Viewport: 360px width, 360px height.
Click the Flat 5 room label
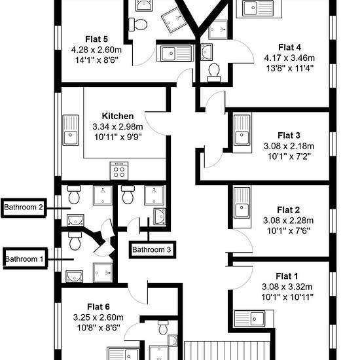point(96,39)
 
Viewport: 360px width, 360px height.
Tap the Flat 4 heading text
point(289,47)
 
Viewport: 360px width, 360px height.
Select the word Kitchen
point(118,116)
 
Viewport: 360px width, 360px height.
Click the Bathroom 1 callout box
point(25,259)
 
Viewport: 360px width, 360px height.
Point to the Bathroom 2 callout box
point(24,207)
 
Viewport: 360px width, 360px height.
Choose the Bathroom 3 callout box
point(152,249)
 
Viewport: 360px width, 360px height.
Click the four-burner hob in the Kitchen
point(119,171)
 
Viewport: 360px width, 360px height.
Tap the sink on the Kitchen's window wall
point(71,130)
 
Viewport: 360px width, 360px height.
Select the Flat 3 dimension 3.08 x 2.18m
point(289,146)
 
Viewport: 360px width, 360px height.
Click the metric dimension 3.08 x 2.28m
point(289,221)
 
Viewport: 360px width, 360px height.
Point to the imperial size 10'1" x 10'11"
point(287,297)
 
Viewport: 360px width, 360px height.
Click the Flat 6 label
point(98,307)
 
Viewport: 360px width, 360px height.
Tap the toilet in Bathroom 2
point(74,194)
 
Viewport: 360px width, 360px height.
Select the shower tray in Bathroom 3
point(154,196)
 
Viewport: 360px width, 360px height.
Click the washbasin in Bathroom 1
point(75,276)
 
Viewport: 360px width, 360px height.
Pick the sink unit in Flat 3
point(242,130)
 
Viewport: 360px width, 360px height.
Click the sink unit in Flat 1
point(249,319)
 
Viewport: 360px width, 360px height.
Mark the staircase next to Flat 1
point(227,350)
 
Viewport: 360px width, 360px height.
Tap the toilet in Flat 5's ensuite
point(137,24)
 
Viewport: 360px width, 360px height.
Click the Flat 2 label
point(289,209)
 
